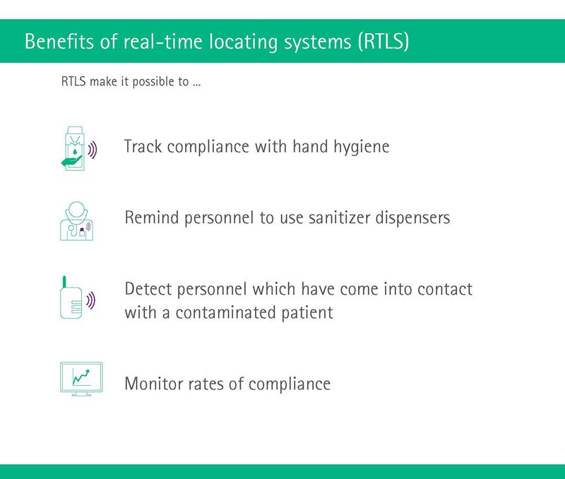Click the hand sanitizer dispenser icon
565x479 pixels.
pos(78,148)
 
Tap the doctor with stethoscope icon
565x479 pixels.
pos(76,220)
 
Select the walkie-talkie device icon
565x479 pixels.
pos(77,297)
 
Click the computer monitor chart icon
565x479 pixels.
pos(81,379)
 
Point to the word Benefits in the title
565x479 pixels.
pos(59,41)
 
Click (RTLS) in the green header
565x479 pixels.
pos(383,42)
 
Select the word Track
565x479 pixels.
pos(143,146)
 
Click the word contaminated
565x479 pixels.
pos(226,312)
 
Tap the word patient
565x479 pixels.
pos(307,313)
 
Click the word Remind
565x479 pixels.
pos(152,218)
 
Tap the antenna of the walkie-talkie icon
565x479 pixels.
pos(64,282)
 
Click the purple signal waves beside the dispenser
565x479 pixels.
pos(93,150)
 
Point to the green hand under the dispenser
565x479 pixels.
pos(72,161)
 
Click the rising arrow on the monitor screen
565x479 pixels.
pos(81,377)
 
